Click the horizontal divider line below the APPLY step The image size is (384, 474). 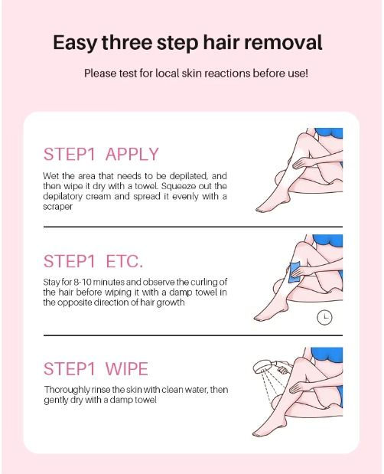click(x=191, y=227)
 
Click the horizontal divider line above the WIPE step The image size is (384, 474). click(x=191, y=335)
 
